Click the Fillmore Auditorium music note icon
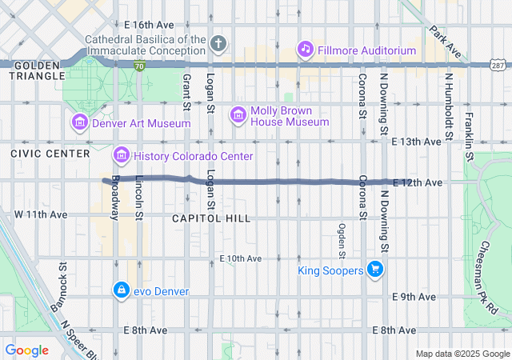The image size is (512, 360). pos(305,50)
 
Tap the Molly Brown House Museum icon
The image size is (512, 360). pos(238,115)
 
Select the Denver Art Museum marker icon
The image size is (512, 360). pos(79,122)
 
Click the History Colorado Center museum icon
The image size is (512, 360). pos(121,155)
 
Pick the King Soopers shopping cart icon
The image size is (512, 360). pos(374,270)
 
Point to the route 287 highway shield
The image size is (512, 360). pos(497,64)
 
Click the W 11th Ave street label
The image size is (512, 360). pos(40,216)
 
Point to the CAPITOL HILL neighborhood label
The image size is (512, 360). pos(210,218)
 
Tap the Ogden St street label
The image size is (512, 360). pos(342,241)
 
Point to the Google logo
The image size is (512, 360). pos(26,350)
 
